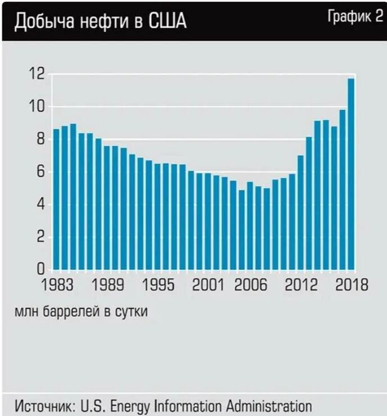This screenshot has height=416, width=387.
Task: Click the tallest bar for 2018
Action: point(351,174)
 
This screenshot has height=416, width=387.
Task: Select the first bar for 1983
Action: point(56,199)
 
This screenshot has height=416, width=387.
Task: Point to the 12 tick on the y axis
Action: point(37,74)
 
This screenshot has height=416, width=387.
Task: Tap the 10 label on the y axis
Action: point(37,107)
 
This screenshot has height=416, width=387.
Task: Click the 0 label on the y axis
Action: point(40,270)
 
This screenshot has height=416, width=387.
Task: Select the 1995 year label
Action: point(159,285)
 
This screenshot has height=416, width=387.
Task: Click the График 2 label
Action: point(354,16)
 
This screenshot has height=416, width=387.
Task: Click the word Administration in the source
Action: point(268,405)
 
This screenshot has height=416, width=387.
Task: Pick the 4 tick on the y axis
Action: point(40,204)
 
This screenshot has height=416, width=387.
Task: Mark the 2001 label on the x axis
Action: point(209,285)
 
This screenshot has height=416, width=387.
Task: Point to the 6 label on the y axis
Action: point(40,172)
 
